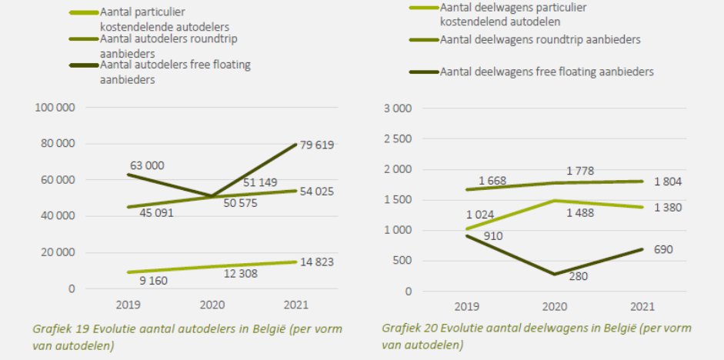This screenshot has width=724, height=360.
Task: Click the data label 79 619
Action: (313, 145)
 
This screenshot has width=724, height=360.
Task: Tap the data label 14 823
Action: (312, 262)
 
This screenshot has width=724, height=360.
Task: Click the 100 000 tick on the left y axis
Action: (55, 108)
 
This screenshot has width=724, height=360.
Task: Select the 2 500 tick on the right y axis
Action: (397, 138)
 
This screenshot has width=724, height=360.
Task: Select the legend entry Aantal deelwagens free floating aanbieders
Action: (546, 72)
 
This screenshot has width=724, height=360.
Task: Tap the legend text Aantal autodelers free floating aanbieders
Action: (175, 72)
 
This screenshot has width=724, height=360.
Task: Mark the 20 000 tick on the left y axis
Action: (58, 252)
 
